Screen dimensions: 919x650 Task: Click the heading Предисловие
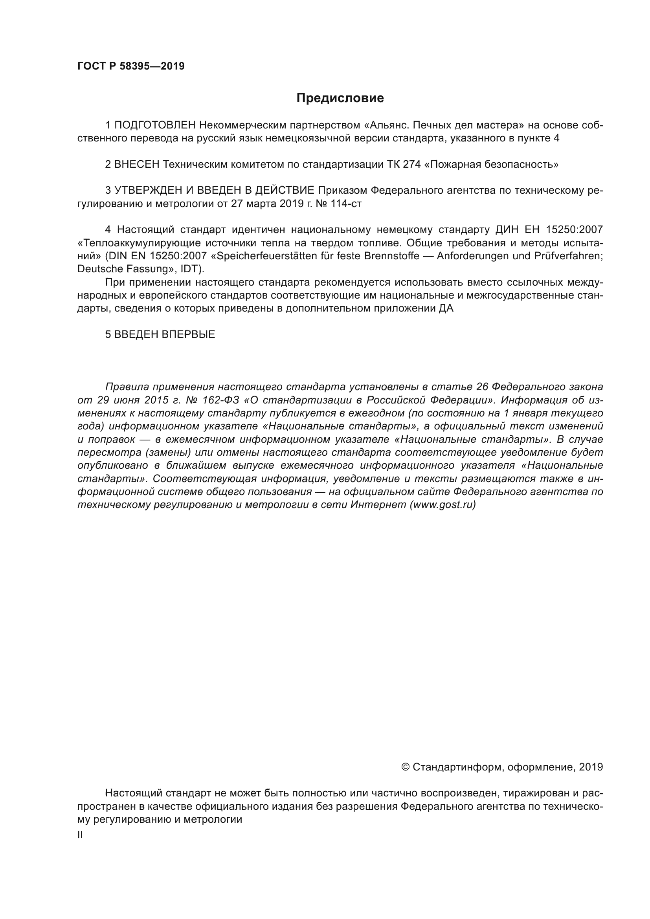tap(340, 98)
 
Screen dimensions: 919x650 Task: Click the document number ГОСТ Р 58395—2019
tap(131, 66)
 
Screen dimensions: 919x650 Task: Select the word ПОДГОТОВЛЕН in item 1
tap(155, 125)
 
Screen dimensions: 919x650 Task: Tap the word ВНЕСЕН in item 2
tap(137, 165)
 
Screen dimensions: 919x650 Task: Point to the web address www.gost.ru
tap(443, 505)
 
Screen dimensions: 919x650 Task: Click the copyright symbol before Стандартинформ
tap(405, 767)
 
